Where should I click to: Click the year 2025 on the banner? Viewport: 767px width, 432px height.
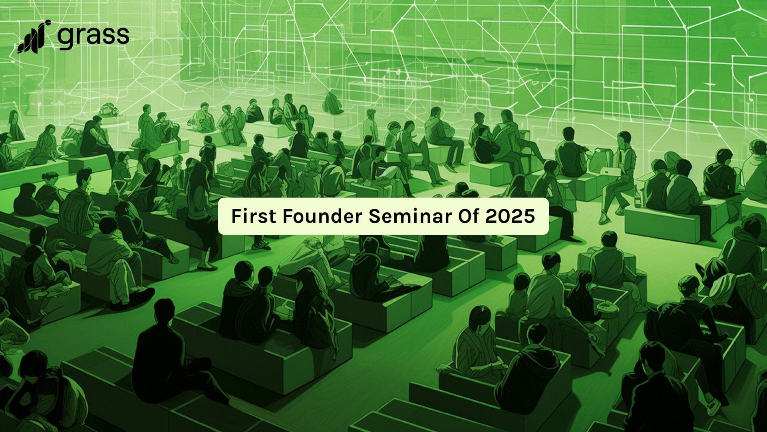pyautogui.click(x=511, y=216)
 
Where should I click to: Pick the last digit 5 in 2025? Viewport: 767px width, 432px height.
pyautogui.click(x=529, y=216)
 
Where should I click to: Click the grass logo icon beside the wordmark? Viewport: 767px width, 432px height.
pyautogui.click(x=34, y=36)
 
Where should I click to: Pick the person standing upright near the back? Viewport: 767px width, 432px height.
pyautogui.click(x=370, y=125)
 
